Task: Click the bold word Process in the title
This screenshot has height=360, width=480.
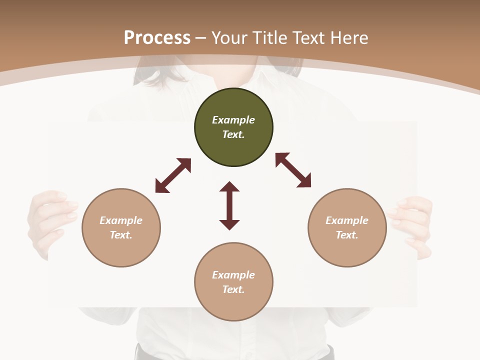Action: pos(157,38)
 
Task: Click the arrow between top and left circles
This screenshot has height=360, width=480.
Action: pos(173,175)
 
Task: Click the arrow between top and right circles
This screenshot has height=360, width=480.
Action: pos(293,170)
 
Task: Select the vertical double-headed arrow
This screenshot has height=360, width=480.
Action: pos(229,205)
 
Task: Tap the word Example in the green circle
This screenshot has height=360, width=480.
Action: pos(233,120)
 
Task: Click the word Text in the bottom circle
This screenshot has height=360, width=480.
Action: pos(233,289)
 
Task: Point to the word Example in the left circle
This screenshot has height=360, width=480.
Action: pos(121,220)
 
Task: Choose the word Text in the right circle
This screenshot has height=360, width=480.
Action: pos(346,235)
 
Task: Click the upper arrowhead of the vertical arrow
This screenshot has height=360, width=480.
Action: pos(229,187)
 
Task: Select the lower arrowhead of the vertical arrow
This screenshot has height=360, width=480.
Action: pos(229,224)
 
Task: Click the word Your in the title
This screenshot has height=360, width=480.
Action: pos(228,38)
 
